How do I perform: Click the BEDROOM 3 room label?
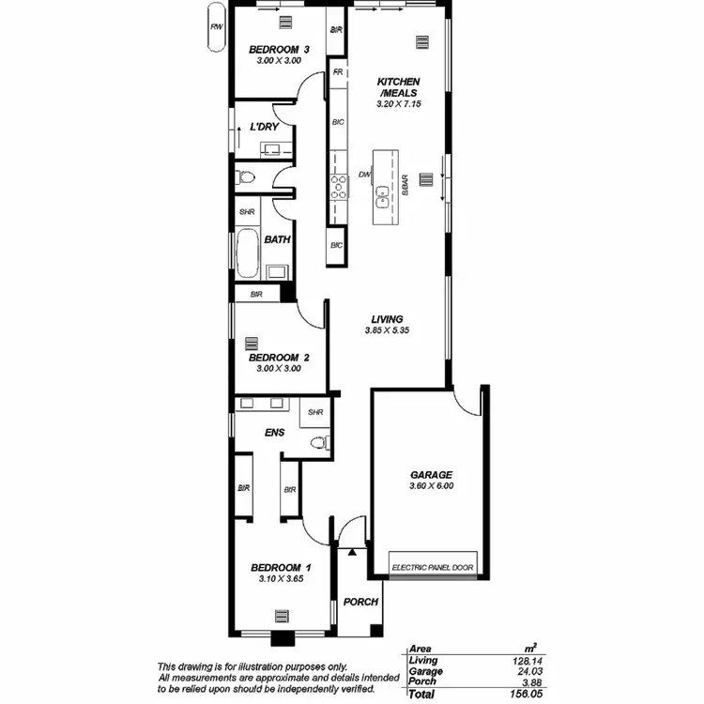tap(278, 49)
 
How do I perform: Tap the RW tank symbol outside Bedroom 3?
tap(217, 28)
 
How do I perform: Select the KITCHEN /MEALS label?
tap(398, 87)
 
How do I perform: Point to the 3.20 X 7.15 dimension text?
tap(398, 105)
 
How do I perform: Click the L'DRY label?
tap(263, 128)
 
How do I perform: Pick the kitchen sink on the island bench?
tap(383, 196)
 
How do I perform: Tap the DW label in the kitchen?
tap(365, 175)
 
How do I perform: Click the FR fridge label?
tap(337, 71)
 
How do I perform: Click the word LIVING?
tap(387, 319)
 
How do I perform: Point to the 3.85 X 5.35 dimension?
tap(387, 330)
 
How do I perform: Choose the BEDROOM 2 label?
tap(279, 358)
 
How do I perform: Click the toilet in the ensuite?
tap(318, 442)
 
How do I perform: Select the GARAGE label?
tap(432, 475)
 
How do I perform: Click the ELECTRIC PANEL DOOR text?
tap(433, 567)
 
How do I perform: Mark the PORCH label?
tap(360, 603)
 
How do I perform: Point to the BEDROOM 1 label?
tap(280, 568)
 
